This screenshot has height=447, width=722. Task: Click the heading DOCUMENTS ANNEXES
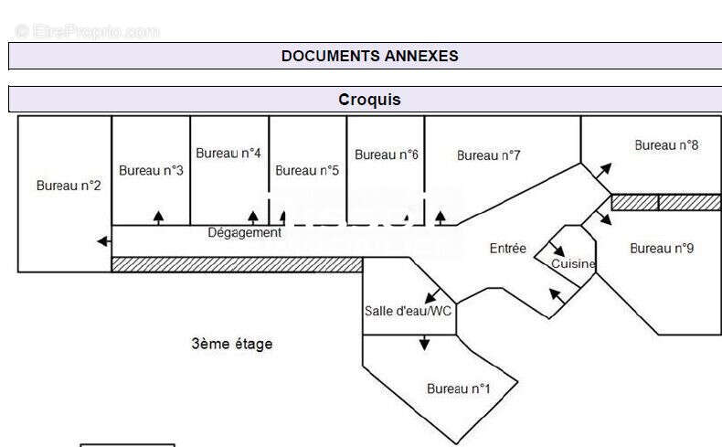(369, 56)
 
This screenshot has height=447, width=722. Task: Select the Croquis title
(369, 100)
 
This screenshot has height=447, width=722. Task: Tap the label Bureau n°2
(69, 186)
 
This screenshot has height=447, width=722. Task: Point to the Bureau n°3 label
(151, 170)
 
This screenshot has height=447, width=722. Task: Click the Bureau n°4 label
(228, 153)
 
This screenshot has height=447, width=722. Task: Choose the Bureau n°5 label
(307, 170)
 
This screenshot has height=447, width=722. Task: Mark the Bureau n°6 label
(387, 154)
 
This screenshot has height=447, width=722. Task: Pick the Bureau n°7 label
(489, 155)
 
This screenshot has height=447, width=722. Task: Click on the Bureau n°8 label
(667, 144)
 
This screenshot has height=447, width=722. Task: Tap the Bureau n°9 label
(662, 248)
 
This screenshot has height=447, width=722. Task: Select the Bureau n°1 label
(459, 388)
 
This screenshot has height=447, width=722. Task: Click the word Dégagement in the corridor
(245, 232)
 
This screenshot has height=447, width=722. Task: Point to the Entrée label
(508, 248)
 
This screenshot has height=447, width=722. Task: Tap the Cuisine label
(573, 264)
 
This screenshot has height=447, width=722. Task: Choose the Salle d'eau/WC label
(408, 311)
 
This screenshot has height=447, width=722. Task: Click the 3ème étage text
(232, 344)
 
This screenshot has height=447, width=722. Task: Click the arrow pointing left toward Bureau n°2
(104, 241)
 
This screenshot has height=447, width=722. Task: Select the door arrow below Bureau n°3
(158, 218)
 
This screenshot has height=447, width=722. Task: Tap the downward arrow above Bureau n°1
(424, 343)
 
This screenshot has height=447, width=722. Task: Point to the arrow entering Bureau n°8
(602, 170)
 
